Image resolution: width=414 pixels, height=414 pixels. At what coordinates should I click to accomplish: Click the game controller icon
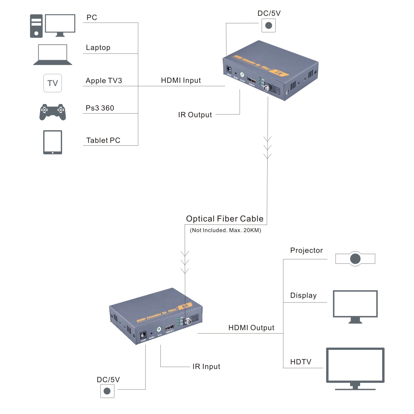[53, 112]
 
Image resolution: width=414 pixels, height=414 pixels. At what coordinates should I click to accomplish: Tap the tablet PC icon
[53, 142]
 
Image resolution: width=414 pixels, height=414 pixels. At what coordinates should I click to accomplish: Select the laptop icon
[53, 54]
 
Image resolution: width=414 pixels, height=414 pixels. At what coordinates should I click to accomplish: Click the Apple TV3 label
[104, 81]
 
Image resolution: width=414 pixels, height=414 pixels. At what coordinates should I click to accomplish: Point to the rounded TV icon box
[53, 83]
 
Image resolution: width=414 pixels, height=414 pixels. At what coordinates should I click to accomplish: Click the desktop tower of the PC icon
[36, 26]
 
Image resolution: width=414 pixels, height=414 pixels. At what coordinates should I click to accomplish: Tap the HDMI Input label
[181, 80]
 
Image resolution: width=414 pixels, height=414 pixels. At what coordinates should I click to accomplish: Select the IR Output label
[195, 115]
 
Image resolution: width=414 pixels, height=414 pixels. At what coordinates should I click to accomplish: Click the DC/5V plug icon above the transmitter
[269, 25]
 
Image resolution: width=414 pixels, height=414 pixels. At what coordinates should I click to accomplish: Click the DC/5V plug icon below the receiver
[107, 391]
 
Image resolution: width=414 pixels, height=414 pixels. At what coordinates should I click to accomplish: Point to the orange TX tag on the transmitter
[279, 73]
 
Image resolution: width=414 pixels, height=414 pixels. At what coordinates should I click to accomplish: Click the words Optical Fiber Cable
[225, 219]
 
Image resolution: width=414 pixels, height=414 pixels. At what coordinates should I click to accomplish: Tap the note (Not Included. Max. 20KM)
[225, 230]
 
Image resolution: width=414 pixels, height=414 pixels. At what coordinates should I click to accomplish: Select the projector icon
[355, 258]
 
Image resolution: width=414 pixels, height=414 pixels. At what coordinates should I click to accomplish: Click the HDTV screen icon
[355, 367]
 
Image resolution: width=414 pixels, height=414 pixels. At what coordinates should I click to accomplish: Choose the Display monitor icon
[355, 305]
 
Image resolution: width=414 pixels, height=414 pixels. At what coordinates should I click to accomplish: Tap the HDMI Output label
[251, 328]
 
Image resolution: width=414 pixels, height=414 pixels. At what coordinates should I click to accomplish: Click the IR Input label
[206, 367]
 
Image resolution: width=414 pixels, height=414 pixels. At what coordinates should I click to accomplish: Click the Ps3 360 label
[100, 108]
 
